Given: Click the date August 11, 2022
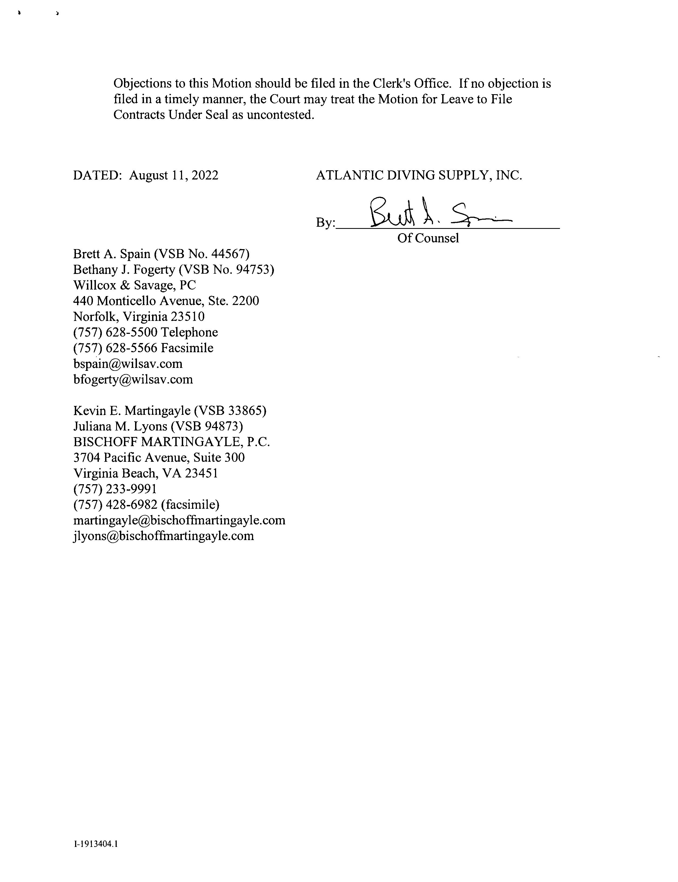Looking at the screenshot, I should pyautogui.click(x=173, y=175).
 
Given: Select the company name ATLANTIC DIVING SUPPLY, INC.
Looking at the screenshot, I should pyautogui.click(x=418, y=175).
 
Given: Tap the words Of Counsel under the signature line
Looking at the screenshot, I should pyautogui.click(x=428, y=238).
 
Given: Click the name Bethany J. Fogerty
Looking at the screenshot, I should pyautogui.click(x=124, y=270).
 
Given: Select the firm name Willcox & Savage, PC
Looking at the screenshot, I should pyautogui.click(x=135, y=286).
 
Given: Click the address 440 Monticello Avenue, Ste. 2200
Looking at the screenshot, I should pyautogui.click(x=166, y=301).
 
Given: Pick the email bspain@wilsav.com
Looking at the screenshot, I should pyautogui.click(x=127, y=364).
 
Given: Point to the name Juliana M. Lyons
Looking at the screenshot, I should pyautogui.click(x=120, y=427).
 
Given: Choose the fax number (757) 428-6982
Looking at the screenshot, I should pyautogui.click(x=115, y=505).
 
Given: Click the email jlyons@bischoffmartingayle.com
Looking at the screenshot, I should pyautogui.click(x=163, y=536).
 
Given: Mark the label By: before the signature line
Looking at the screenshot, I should pyautogui.click(x=325, y=223).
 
